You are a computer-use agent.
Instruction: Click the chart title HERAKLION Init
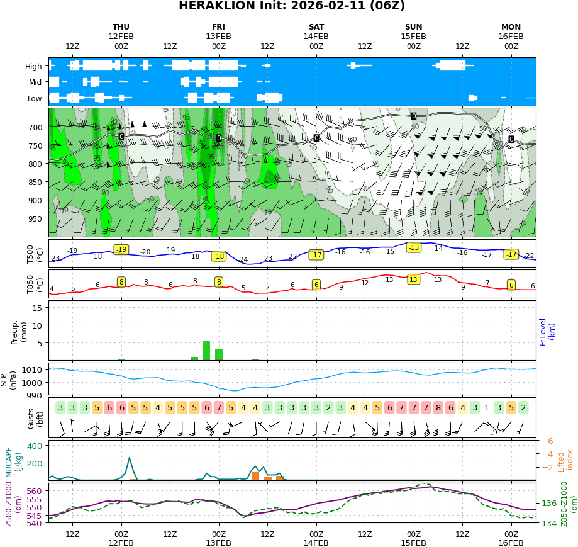coord(292,6)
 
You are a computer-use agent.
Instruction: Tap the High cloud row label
coord(33,66)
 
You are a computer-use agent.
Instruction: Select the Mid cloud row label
coord(35,82)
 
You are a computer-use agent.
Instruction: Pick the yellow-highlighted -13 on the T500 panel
coord(413,247)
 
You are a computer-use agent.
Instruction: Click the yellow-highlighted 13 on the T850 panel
coord(413,279)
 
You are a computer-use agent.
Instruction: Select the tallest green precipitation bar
coord(206,351)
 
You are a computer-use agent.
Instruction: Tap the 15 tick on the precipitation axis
coord(36,307)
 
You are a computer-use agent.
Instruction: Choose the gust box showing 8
coord(438,407)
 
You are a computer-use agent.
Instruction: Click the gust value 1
coord(486,407)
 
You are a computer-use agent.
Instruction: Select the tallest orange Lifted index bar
coord(255,476)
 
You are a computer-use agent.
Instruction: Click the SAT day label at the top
coord(316,27)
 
